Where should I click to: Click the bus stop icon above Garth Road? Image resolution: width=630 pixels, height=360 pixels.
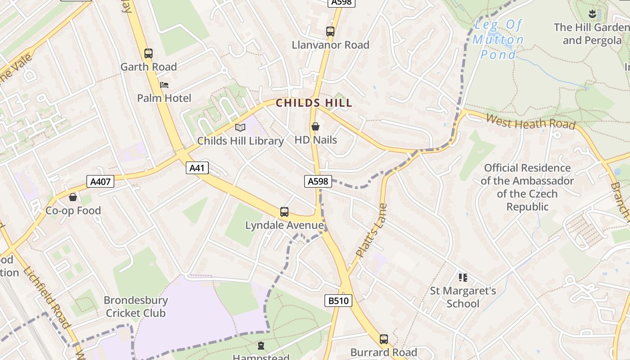pyautogui.click(x=148, y=54)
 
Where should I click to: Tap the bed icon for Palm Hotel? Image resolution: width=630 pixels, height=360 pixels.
pyautogui.click(x=164, y=85)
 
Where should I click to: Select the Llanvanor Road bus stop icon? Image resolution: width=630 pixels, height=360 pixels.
pyautogui.click(x=330, y=31)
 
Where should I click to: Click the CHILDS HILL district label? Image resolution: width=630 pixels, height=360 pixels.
pyautogui.click(x=314, y=103)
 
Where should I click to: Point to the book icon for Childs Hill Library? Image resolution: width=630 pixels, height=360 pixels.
pyautogui.click(x=240, y=127)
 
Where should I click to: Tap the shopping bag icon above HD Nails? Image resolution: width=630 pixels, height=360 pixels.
pyautogui.click(x=315, y=126)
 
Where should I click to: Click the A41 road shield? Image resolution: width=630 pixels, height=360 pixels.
pyautogui.click(x=197, y=168)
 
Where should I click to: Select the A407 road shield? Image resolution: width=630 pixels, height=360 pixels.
pyautogui.click(x=100, y=181)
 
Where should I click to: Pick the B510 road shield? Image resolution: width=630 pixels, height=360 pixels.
pyautogui.click(x=338, y=301)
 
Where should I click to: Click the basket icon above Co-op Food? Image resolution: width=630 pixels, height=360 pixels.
pyautogui.click(x=73, y=197)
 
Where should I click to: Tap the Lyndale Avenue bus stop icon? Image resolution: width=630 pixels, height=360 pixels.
pyautogui.click(x=284, y=211)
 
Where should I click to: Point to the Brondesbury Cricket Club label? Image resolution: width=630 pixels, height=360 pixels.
pyautogui.click(x=135, y=306)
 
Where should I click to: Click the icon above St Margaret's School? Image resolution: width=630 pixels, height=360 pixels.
pyautogui.click(x=463, y=277)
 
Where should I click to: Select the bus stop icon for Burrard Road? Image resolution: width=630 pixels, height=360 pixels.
pyautogui.click(x=384, y=339)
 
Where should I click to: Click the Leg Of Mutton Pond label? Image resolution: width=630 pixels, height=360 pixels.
pyautogui.click(x=498, y=40)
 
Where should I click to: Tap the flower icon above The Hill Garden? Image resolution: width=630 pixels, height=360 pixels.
pyautogui.click(x=592, y=13)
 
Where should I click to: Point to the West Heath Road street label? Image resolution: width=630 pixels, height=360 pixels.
pyautogui.click(x=531, y=121)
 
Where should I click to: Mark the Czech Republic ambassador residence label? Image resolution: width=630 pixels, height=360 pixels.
pyautogui.click(x=527, y=187)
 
